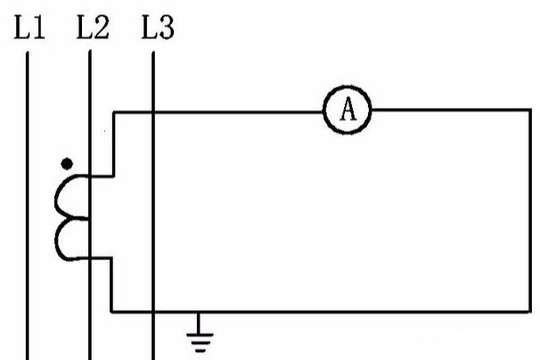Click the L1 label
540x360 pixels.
click(29, 28)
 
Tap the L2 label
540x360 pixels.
click(93, 28)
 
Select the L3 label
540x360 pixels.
click(158, 28)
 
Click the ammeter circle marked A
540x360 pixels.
click(348, 110)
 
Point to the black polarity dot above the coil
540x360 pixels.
click(67, 164)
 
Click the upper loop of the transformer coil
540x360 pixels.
click(72, 197)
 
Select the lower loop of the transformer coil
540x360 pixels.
click(72, 239)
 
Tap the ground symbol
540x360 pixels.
click(200, 332)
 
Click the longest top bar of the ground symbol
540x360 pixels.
click(200, 334)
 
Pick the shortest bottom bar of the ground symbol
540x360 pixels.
click(200, 351)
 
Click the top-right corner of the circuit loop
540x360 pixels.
click(530, 110)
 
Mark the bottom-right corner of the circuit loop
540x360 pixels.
click(530, 312)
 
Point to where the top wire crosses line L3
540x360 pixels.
click(153, 112)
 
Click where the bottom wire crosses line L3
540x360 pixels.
click(153, 312)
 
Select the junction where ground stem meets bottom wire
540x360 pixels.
click(198, 312)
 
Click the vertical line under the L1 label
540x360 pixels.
click(28, 206)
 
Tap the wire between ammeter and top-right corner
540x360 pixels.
click(451, 110)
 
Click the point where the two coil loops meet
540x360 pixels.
click(86, 218)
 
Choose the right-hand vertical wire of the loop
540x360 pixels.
click(530, 211)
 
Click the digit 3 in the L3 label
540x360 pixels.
click(167, 28)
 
